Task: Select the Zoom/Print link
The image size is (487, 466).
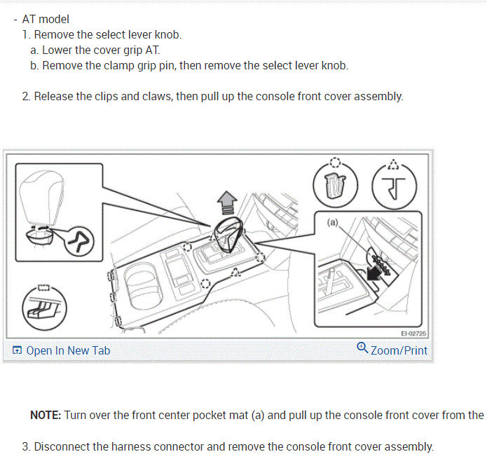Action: pos(399,350)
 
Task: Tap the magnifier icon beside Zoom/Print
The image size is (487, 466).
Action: pos(362,348)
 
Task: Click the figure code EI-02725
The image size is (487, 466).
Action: pos(413,334)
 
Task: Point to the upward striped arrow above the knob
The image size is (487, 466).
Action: pos(227,203)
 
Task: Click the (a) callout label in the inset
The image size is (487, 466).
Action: pos(332,222)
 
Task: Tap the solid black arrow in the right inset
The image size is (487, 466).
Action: pos(374,273)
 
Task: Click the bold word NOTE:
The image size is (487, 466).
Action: pos(46,415)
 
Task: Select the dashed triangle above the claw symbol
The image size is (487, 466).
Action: pos(394,165)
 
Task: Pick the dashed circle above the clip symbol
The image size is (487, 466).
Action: pos(335,162)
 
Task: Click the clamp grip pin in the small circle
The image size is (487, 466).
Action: pos(80,242)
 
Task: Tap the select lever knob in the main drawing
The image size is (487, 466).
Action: pos(228,234)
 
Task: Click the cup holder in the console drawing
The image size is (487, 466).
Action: pos(143,287)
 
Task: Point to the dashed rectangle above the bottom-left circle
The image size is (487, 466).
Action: pos(43,287)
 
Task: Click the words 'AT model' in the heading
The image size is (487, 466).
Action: pos(46,19)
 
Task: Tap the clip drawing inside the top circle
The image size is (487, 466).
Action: pos(334,186)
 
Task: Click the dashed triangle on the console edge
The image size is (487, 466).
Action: pos(235,272)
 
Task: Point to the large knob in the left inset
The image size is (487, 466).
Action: pos(41,199)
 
